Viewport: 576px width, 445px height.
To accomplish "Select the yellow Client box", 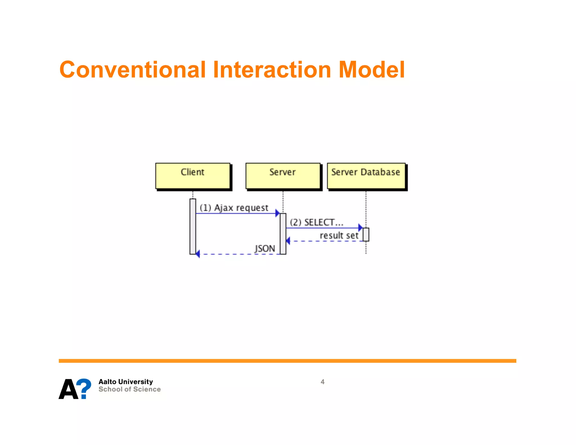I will tap(193, 176).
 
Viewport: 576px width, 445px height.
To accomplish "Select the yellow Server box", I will tap(283, 176).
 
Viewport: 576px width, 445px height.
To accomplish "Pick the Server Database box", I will tap(366, 176).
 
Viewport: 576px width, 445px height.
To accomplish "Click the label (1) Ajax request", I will tap(234, 208).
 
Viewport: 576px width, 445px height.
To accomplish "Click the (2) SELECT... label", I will tap(316, 222).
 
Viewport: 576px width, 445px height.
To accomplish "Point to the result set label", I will tap(339, 235).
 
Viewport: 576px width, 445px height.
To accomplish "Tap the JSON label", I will tap(265, 249).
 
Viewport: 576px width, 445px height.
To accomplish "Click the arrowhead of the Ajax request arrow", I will tap(277, 213).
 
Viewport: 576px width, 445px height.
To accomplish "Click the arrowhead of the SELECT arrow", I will tap(360, 228).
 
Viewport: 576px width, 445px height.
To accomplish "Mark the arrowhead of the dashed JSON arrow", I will tap(198, 254).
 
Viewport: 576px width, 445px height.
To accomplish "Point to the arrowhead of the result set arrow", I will tap(288, 241).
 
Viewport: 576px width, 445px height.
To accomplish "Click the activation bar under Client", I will tap(193, 226).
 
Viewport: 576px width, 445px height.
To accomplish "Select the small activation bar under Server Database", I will tap(366, 234).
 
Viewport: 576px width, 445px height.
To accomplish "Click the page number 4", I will tap(323, 382).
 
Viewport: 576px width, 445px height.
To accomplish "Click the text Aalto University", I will tap(125, 382).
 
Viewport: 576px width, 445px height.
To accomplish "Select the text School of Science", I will tap(129, 389).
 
